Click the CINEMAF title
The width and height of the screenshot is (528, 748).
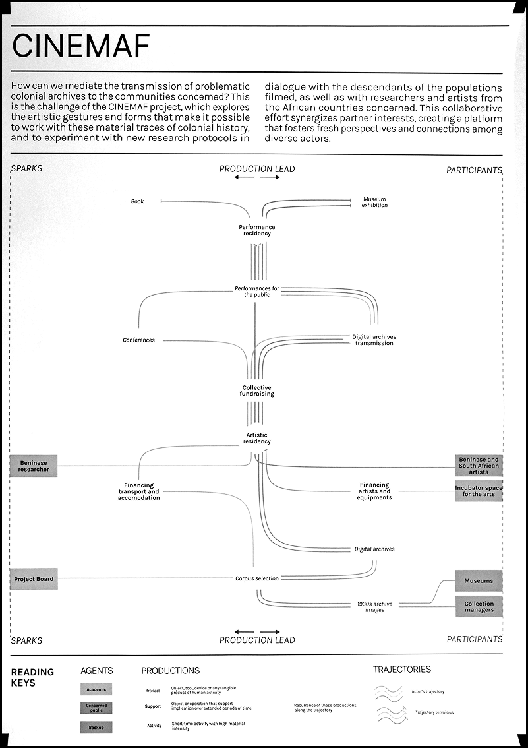click(x=80, y=46)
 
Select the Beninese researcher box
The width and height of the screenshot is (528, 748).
click(x=34, y=466)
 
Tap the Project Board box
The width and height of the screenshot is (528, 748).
click(x=34, y=579)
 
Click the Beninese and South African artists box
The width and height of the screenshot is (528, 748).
click(x=479, y=466)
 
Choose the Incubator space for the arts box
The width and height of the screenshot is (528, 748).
click(x=479, y=491)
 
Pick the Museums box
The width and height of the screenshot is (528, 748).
click(x=479, y=581)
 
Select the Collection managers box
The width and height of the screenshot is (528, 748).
click(x=479, y=606)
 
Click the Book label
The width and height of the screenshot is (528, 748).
click(x=137, y=201)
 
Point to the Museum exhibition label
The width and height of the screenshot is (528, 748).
click(x=374, y=202)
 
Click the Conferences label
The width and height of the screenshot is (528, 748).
click(x=138, y=340)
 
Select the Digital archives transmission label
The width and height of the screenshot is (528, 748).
click(x=374, y=340)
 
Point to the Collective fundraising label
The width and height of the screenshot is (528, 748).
click(x=256, y=390)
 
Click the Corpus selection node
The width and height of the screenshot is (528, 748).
click(x=256, y=578)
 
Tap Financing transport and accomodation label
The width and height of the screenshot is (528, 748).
click(x=138, y=491)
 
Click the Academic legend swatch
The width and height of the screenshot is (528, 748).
click(x=96, y=689)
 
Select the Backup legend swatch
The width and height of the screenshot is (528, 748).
click(x=96, y=727)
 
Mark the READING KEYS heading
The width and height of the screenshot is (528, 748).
click(x=32, y=677)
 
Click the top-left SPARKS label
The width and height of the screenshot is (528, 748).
click(x=26, y=168)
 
